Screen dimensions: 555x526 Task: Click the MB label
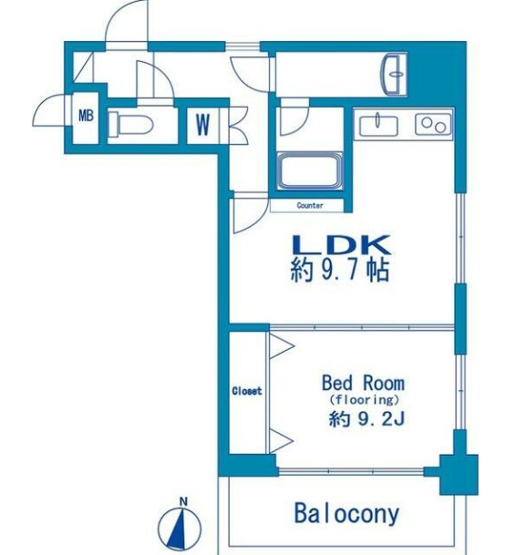click(x=86, y=116)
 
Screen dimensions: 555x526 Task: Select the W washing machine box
click(x=201, y=124)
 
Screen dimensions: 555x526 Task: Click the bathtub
click(x=310, y=171)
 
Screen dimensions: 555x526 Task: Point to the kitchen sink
click(x=376, y=123)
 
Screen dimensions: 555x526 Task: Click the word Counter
click(x=310, y=206)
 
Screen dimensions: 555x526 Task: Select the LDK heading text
click(x=340, y=245)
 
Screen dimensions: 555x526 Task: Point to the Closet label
click(x=246, y=391)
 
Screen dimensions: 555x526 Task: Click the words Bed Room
click(x=363, y=383)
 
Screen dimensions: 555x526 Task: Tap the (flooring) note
click(x=363, y=399)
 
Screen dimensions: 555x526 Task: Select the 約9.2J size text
click(x=363, y=419)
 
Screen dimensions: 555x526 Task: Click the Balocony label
click(x=346, y=513)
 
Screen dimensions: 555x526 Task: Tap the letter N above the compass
click(x=183, y=501)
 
